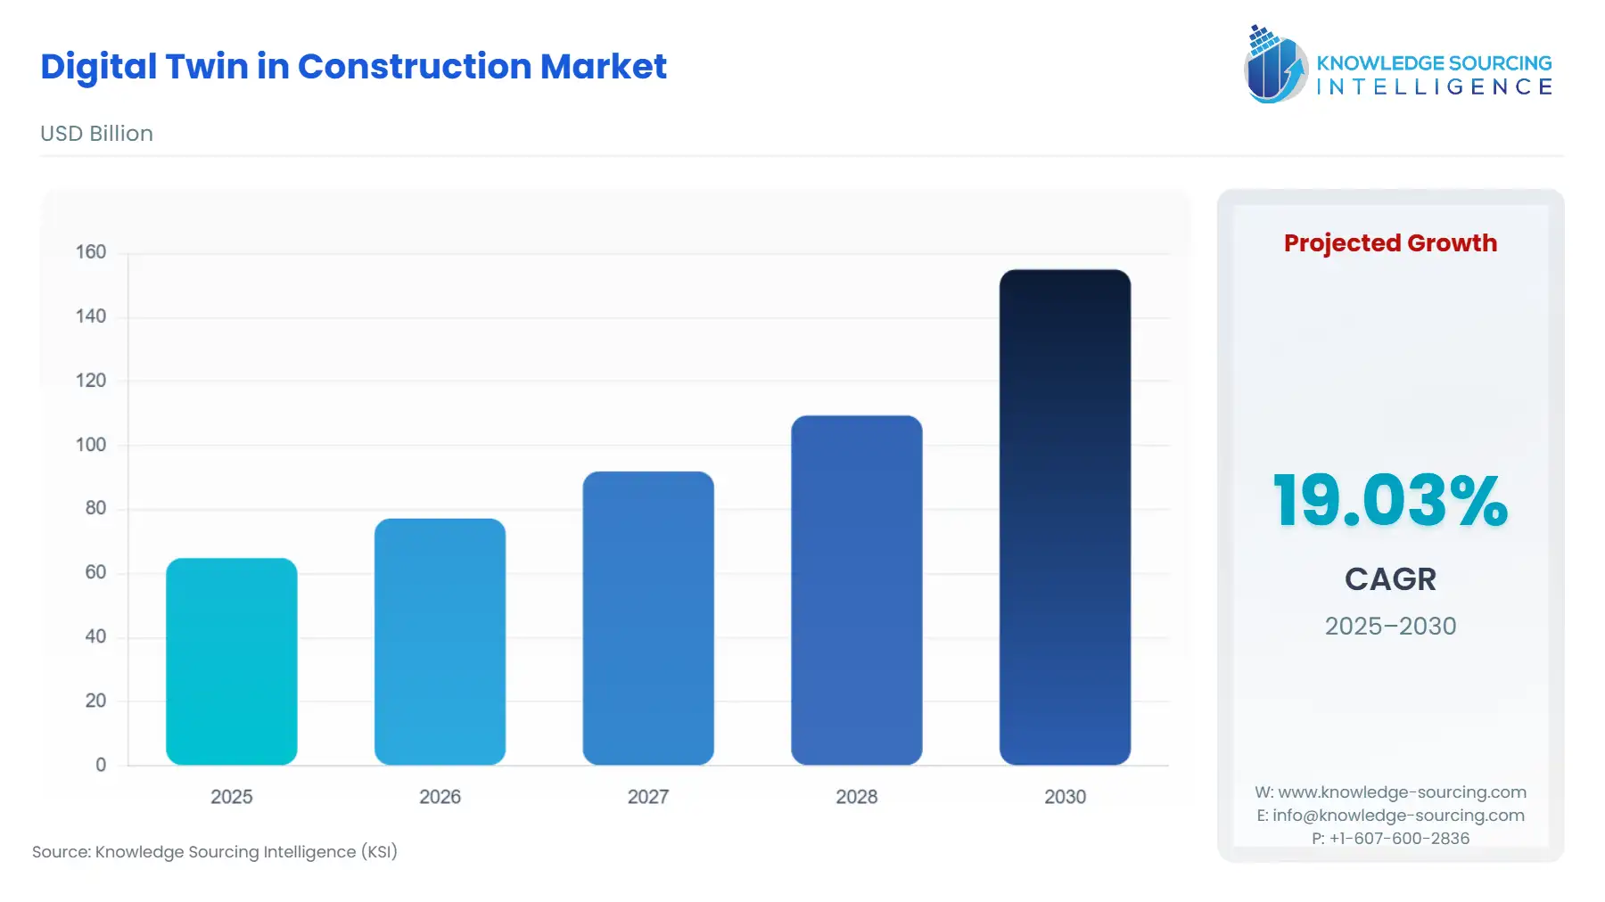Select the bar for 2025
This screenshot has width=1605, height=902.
pos(232,661)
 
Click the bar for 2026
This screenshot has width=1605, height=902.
pos(440,642)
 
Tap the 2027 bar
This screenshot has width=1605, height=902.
pos(648,618)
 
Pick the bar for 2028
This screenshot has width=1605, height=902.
pos(856,590)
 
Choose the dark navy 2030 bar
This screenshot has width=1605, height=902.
pos(1065,517)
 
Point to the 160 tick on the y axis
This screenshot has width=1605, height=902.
pos(91,252)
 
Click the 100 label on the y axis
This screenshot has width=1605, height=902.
pos(91,445)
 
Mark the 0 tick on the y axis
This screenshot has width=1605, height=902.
pos(101,765)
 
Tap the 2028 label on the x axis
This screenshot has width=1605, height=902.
pos(856,797)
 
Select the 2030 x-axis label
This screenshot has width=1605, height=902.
pos(1065,797)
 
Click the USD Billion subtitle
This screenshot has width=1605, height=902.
pos(96,134)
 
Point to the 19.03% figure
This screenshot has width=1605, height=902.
pos(1390,501)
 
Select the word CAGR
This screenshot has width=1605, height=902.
pos(1390,579)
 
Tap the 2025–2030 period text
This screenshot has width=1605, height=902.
pos(1390,627)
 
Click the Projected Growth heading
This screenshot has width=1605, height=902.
pos(1390,243)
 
